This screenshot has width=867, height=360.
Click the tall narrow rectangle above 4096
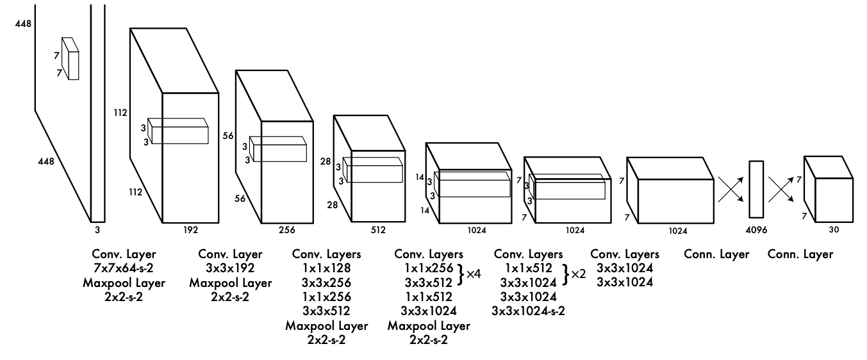(x=757, y=190)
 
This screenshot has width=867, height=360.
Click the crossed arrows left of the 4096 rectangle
(x=731, y=190)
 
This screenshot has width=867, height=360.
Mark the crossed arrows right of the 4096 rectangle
(x=784, y=190)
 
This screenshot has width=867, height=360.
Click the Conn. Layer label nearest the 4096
(x=717, y=255)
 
